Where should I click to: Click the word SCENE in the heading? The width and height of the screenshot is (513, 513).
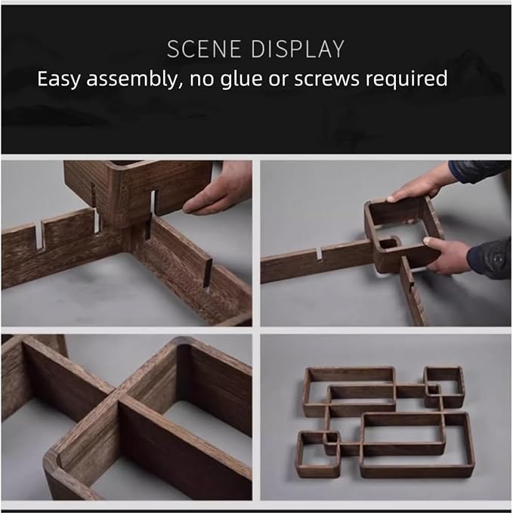(204, 49)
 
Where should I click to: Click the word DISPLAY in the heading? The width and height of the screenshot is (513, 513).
(298, 49)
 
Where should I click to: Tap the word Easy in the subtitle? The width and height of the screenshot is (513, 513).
(58, 79)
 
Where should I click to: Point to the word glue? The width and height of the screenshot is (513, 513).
(242, 79)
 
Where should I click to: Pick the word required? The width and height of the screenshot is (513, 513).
(406, 79)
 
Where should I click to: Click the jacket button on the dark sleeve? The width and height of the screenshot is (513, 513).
(498, 259)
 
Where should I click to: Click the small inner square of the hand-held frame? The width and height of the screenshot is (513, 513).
(388, 243)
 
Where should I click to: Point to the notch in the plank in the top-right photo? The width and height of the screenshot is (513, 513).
(320, 253)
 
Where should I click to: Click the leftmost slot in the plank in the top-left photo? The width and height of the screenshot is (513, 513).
(39, 236)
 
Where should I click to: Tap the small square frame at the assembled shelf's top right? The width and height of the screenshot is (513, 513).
(444, 387)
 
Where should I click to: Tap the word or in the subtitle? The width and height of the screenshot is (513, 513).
(279, 79)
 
